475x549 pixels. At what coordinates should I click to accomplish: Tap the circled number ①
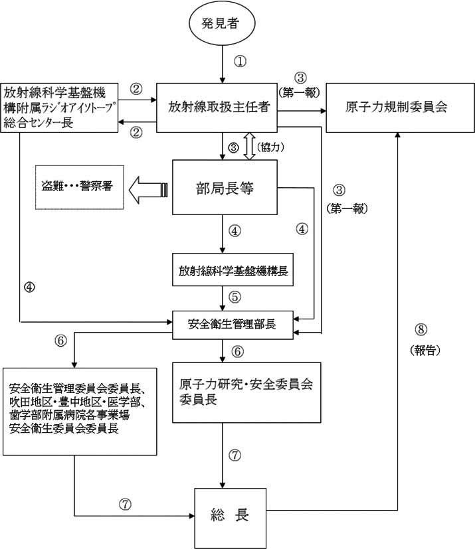tap(240, 61)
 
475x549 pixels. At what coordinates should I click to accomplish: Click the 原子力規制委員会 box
tap(397, 108)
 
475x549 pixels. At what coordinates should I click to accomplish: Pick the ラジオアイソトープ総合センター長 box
tap(59, 106)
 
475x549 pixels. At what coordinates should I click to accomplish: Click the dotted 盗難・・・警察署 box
tap(74, 186)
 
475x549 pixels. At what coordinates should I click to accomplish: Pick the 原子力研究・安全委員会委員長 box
tap(246, 392)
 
